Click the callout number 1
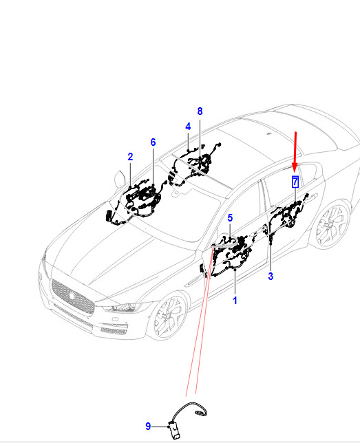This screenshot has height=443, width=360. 235,301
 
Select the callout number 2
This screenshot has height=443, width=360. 130,157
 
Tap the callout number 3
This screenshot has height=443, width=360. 271,277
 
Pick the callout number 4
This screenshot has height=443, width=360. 188,127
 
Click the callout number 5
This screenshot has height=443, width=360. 230,218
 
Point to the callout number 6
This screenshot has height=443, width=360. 153,142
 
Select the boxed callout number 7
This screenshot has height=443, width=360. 295,182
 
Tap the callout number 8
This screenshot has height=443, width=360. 200,111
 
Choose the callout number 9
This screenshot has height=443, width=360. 148,426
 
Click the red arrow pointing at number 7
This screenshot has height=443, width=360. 295,152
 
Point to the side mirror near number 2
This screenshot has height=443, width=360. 120,179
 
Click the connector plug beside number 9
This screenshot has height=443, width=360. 176,429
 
